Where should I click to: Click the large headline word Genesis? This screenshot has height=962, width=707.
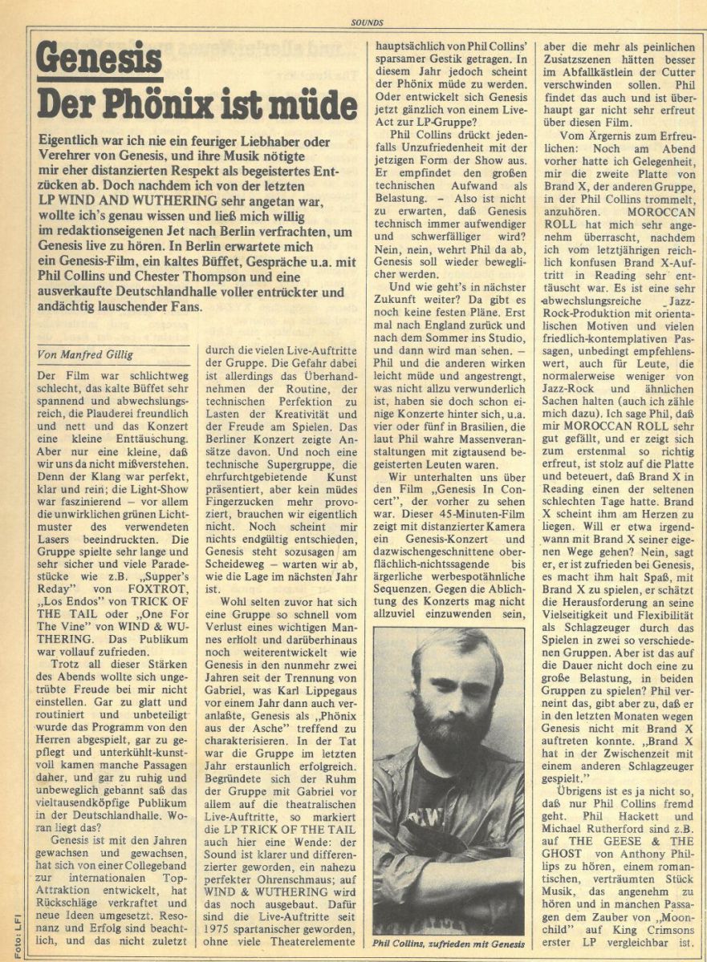[100, 60]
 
